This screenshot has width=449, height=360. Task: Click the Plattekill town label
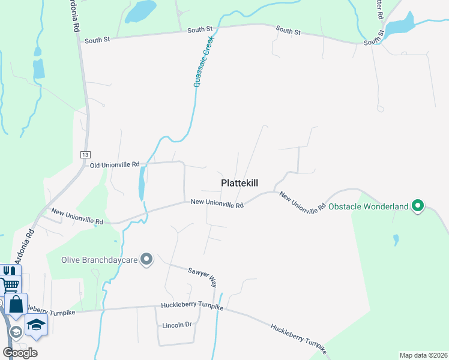point(240,183)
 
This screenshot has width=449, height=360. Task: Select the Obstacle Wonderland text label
point(369,207)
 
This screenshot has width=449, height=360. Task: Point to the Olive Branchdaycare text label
point(100,260)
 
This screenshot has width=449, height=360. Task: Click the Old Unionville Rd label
point(115,164)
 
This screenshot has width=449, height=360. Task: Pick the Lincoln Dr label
point(176,325)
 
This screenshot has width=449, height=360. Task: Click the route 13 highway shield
point(84,155)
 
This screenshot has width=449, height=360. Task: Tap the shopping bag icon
point(16,304)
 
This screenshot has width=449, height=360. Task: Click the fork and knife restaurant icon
point(8,271)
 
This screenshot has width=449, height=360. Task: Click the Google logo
point(20,352)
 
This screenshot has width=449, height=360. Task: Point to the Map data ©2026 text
point(423,355)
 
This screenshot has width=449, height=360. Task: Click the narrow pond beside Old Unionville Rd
point(142,183)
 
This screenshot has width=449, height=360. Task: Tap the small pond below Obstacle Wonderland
point(396,240)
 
